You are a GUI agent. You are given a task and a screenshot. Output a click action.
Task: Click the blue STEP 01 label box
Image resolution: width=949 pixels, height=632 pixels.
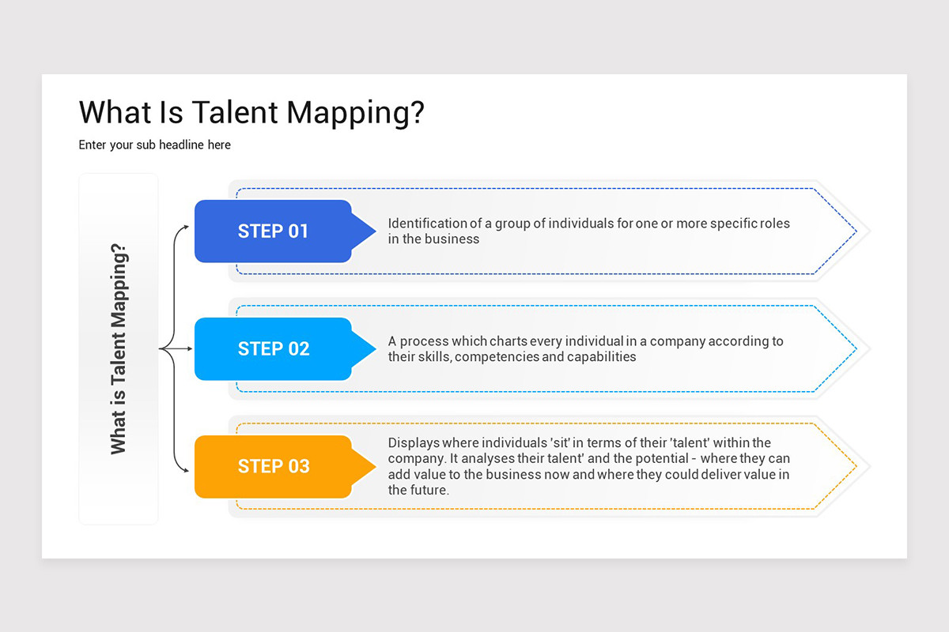(273, 231)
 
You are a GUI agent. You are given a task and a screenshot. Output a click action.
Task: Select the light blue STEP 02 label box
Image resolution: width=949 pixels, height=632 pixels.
(273, 348)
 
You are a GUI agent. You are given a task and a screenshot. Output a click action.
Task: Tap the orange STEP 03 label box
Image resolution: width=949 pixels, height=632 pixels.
(273, 466)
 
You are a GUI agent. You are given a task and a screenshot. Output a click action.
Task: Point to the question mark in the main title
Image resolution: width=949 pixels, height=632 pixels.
(416, 113)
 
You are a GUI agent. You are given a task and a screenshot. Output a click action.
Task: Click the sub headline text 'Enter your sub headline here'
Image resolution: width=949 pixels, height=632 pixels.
(154, 145)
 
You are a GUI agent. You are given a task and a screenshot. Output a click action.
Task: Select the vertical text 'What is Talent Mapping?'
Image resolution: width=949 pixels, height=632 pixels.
(119, 348)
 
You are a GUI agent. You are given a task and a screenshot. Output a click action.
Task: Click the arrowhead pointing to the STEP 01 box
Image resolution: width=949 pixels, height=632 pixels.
(186, 227)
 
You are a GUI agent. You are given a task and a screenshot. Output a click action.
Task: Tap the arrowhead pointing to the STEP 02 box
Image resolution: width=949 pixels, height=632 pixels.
(187, 348)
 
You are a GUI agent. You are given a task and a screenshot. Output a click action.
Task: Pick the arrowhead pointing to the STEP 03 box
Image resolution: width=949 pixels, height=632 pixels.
(186, 470)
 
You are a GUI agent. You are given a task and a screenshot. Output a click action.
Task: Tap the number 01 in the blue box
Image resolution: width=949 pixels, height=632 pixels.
(298, 231)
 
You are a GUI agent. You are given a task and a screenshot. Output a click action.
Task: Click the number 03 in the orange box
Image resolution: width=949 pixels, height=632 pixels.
(298, 466)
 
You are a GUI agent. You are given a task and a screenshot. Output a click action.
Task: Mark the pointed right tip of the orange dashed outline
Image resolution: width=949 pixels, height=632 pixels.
(856, 466)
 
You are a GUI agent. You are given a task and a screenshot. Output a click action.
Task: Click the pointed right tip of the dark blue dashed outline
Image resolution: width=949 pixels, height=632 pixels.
(856, 231)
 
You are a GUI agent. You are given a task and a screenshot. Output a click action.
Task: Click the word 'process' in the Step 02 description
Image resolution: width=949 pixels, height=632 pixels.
(423, 341)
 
